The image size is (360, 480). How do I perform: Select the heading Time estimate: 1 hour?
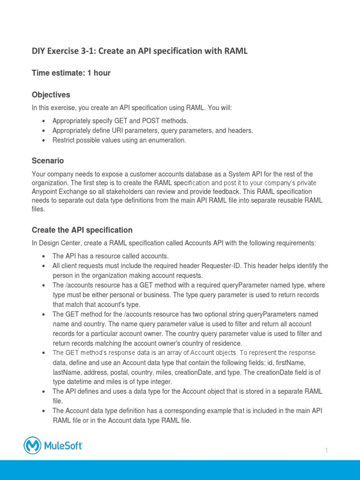click(x=71, y=73)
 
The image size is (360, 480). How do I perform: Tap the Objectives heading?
click(x=51, y=95)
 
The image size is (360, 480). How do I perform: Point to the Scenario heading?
click(x=47, y=161)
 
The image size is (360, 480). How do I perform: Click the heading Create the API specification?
click(x=82, y=230)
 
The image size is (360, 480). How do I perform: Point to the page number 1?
click(x=326, y=450)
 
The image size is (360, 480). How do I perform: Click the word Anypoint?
click(x=45, y=192)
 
